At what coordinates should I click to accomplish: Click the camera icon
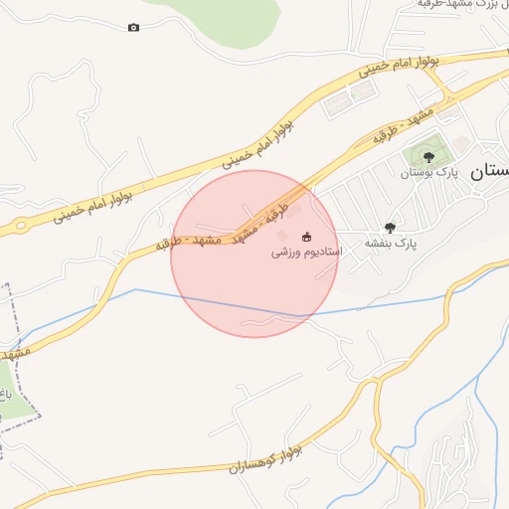coord(133,27)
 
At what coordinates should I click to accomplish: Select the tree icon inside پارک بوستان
coord(428,156)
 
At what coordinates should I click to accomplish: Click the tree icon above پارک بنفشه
coord(389,228)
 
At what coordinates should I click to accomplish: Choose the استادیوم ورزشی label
coord(307,253)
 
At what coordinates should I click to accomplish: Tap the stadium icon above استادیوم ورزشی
coord(306,237)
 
